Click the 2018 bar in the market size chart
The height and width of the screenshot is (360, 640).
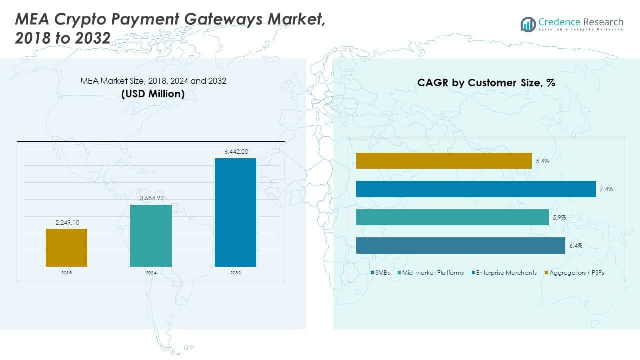click(66, 247)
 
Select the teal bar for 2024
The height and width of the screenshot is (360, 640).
click(151, 235)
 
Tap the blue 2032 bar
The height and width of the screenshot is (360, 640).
click(235, 212)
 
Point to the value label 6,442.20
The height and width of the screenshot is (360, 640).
click(235, 151)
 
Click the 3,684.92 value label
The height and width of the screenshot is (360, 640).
click(151, 198)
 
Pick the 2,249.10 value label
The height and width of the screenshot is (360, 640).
click(66, 221)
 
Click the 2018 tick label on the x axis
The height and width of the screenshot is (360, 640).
click(66, 273)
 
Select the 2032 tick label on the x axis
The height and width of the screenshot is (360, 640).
click(235, 273)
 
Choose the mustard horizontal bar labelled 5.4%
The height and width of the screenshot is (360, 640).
click(444, 161)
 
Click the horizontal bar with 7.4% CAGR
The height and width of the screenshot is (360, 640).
click(476, 189)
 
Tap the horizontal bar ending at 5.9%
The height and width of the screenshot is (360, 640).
click(452, 217)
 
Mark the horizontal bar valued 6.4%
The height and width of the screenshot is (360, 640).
click(460, 245)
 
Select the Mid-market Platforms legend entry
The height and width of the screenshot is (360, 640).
click(430, 273)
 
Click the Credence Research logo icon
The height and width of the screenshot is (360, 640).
click(528, 24)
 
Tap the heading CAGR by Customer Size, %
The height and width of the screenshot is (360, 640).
click(486, 83)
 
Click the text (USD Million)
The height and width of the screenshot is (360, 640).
click(153, 93)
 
